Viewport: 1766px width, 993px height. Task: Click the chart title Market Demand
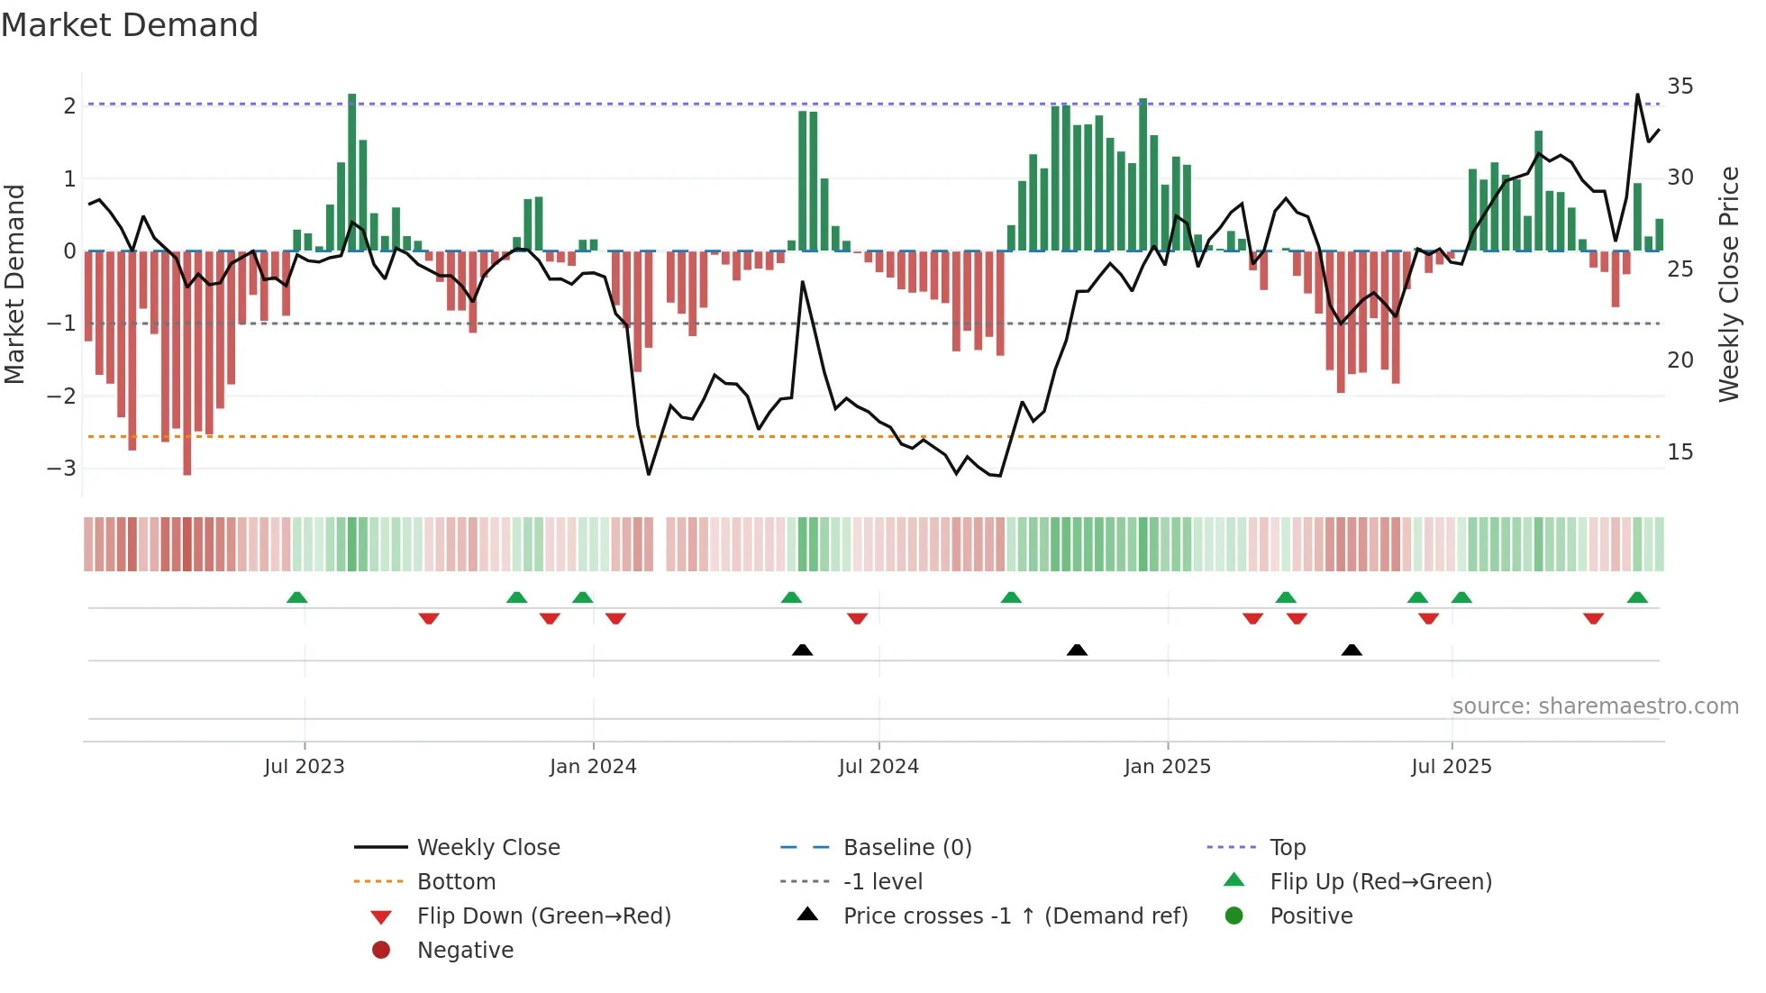click(130, 25)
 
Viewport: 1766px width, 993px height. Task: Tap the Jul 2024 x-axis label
click(878, 767)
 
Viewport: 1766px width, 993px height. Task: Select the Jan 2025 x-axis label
click(1167, 767)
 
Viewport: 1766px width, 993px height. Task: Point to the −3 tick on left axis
click(61, 469)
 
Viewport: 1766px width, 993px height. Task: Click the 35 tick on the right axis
click(1680, 87)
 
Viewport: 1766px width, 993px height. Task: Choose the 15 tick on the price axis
click(1680, 452)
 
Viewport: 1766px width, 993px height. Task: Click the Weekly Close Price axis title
click(1728, 284)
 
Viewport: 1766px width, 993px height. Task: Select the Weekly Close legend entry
click(487, 848)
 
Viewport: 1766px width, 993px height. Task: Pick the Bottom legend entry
click(456, 882)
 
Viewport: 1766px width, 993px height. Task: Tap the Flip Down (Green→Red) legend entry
click(543, 916)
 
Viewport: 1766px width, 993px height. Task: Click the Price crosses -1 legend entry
click(1015, 916)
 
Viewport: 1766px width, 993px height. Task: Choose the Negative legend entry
click(465, 951)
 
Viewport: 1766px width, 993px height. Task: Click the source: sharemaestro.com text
click(1595, 706)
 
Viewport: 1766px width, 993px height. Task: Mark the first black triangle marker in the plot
click(802, 650)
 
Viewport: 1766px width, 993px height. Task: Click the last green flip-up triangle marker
click(1637, 597)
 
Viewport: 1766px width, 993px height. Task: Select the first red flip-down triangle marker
click(429, 618)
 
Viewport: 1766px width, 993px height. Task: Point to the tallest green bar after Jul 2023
click(352, 171)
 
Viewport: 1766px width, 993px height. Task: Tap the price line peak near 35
click(1637, 95)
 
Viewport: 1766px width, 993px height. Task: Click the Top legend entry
click(1287, 848)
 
